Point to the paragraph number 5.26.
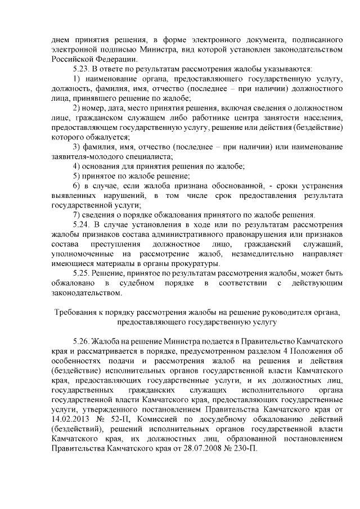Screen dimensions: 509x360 (83, 341)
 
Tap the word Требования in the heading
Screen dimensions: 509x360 (77, 312)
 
